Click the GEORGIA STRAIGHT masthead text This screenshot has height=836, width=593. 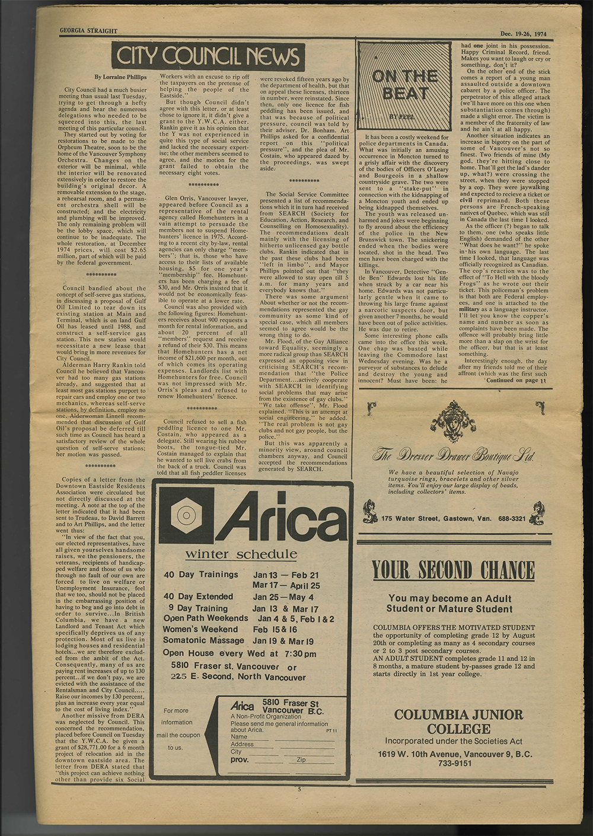tap(88, 31)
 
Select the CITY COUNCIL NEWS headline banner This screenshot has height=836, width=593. tap(208, 57)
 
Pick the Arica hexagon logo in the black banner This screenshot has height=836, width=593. tap(188, 515)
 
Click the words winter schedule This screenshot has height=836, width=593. tap(241, 555)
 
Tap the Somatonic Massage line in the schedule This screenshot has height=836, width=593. tap(200, 641)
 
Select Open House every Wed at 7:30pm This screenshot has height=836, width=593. tap(240, 653)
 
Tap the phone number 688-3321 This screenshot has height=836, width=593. tap(512, 519)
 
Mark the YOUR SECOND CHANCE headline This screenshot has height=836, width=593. tap(454, 570)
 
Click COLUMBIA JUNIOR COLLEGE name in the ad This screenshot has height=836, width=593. tap(458, 722)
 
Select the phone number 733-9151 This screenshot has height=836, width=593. tap(455, 764)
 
